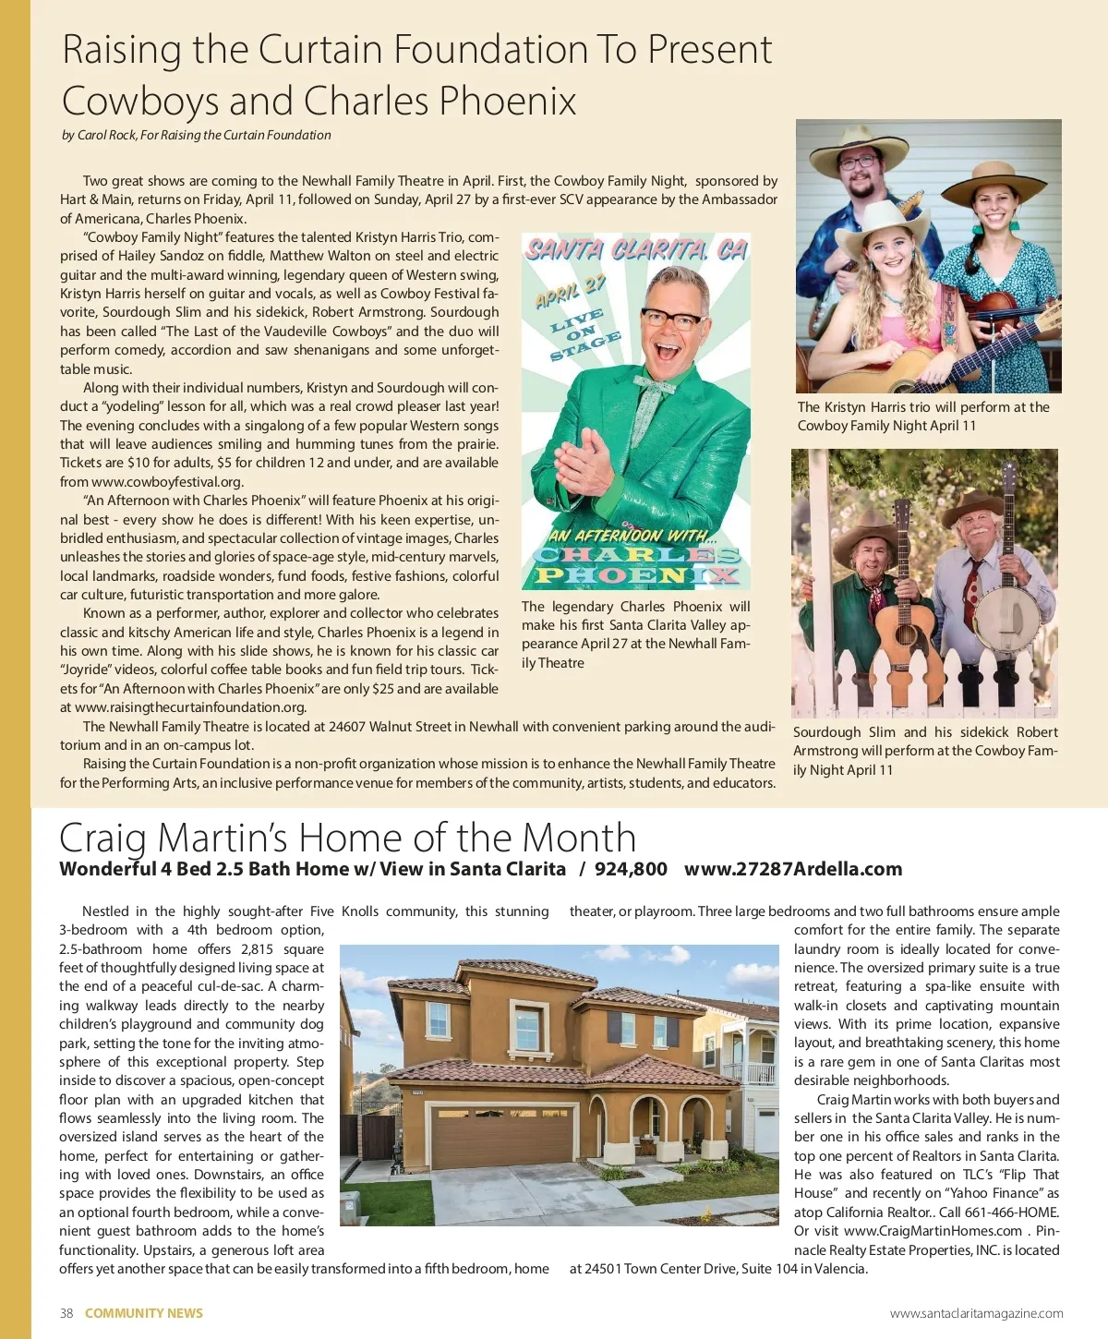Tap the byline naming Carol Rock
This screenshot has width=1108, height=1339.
click(196, 135)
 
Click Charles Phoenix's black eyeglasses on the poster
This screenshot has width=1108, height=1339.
click(671, 320)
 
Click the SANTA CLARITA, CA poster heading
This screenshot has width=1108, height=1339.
click(636, 250)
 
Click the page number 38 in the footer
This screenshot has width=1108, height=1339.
click(66, 1313)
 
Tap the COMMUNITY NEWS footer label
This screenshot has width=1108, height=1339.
click(144, 1313)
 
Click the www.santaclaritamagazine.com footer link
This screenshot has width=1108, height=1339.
click(976, 1313)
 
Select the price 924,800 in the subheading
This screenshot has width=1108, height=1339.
click(631, 869)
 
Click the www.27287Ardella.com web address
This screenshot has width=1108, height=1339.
click(793, 869)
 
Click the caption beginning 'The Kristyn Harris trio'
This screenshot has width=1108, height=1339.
click(923, 416)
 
